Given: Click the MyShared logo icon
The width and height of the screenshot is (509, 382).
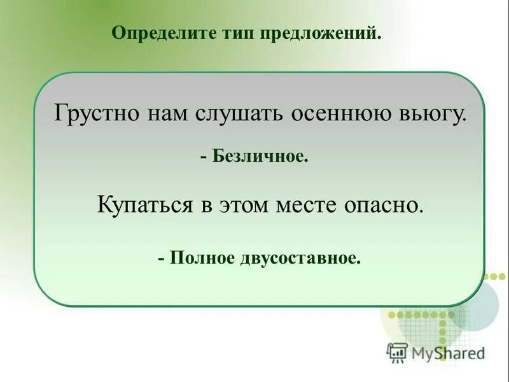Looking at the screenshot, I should [x=397, y=353].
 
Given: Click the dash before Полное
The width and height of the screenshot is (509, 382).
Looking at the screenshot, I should [x=162, y=259].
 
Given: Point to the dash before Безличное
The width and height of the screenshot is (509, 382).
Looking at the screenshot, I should [x=203, y=156].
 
